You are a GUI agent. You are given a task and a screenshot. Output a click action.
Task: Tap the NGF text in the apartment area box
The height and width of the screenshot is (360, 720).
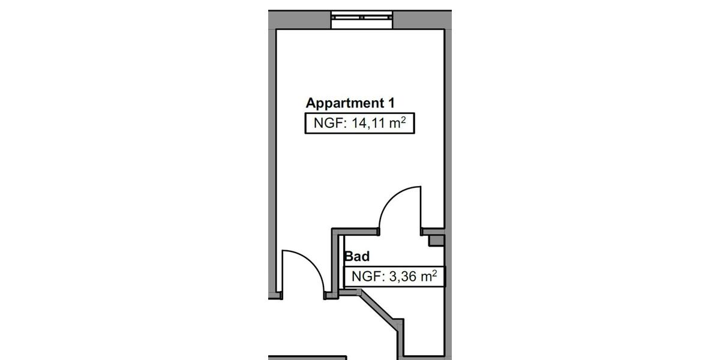point(326,124)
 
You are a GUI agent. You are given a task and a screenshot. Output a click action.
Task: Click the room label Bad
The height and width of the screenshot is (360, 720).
point(356,256)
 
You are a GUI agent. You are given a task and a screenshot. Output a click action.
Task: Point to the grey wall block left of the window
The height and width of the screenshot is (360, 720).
point(300,19)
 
